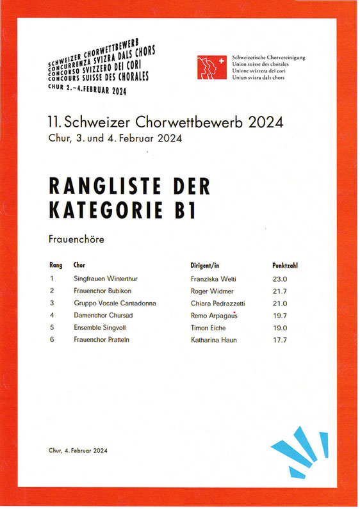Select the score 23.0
pyautogui.click(x=281, y=279)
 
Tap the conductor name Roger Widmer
pyautogui.click(x=212, y=291)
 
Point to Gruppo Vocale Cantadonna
pyautogui.click(x=115, y=303)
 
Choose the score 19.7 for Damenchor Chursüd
pyautogui.click(x=281, y=315)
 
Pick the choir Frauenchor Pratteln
pyautogui.click(x=101, y=339)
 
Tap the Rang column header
pyautogui.click(x=56, y=264)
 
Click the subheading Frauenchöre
pyautogui.click(x=76, y=239)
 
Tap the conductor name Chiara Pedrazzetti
pyautogui.click(x=218, y=303)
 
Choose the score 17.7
pyautogui.click(x=281, y=339)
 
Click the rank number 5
pyautogui.click(x=51, y=327)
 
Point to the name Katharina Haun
pyautogui.click(x=214, y=339)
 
